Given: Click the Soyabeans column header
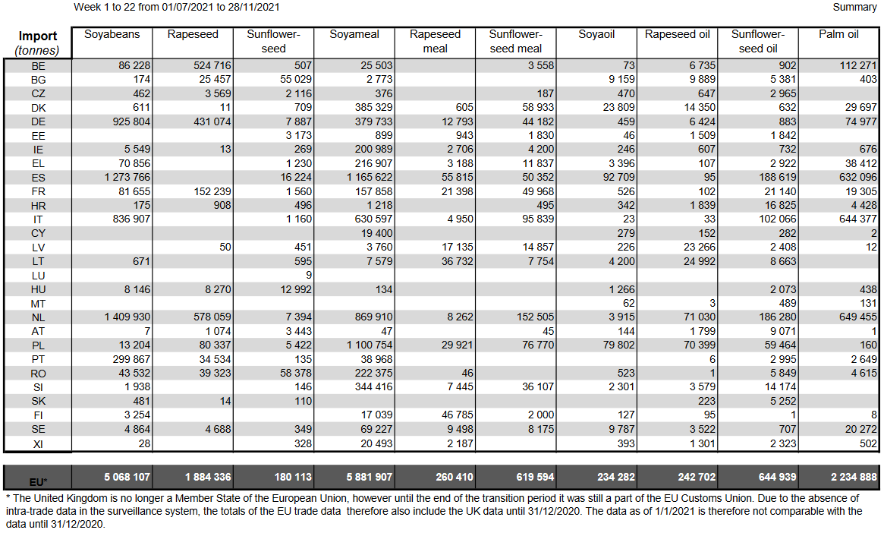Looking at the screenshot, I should (112, 35).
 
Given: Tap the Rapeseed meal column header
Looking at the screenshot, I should (435, 42).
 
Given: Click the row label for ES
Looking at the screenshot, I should (38, 177).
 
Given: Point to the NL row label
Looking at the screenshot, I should (38, 317).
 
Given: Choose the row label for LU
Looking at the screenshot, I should (38, 275).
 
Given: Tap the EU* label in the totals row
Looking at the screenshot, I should (38, 481).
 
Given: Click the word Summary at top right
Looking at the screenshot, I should (854, 7).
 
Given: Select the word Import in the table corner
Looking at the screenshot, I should (38, 36).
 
